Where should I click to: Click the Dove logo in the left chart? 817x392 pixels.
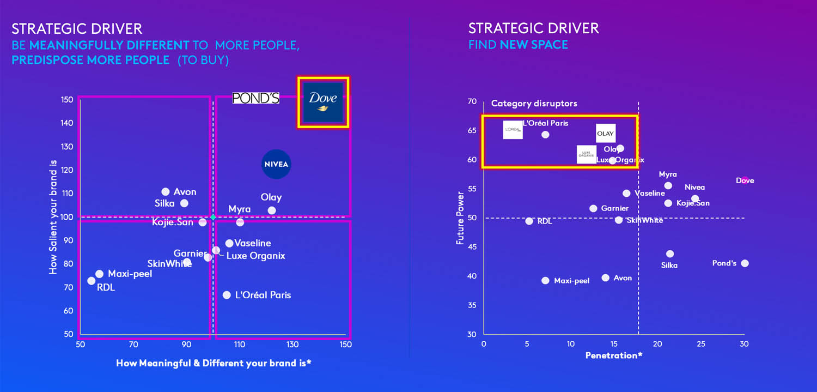point(323,102)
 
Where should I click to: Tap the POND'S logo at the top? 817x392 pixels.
point(256,98)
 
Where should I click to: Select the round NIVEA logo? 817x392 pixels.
point(276,164)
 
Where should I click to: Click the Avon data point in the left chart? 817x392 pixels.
point(166,191)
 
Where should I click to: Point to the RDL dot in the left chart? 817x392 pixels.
point(91,281)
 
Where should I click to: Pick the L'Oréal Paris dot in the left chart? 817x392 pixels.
point(227,295)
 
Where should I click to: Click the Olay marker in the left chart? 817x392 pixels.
point(272,210)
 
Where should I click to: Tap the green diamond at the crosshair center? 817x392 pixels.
point(213,217)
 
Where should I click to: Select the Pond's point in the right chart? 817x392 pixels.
point(745,263)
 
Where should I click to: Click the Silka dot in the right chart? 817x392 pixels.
point(670,254)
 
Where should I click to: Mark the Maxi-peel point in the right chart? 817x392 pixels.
point(545,280)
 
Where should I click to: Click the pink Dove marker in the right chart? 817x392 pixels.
point(745,180)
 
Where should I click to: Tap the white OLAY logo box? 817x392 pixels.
point(605,133)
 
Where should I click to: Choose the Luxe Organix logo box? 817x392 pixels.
point(587,154)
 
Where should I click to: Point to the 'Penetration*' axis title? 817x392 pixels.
point(614,355)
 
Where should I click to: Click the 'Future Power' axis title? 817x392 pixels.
point(461,218)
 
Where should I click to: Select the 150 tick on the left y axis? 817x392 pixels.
point(67,100)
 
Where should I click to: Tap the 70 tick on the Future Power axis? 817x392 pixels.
point(472,102)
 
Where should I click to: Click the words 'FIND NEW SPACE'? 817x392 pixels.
point(518,45)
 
